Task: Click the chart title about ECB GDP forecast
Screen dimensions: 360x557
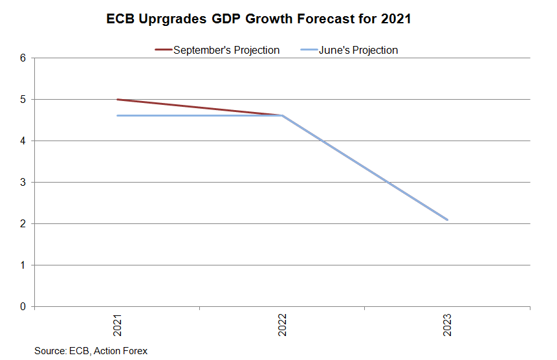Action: [259, 19]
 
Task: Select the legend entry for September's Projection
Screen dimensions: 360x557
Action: [226, 50]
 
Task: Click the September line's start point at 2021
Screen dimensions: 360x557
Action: [117, 100]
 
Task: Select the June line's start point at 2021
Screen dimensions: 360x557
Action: [117, 116]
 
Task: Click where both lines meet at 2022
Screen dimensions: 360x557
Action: [282, 116]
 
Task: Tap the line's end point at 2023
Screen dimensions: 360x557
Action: [447, 219]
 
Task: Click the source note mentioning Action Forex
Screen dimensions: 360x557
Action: [91, 351]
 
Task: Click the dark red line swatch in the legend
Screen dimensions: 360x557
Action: [162, 50]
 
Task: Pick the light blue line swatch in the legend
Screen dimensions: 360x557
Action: [309, 50]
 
